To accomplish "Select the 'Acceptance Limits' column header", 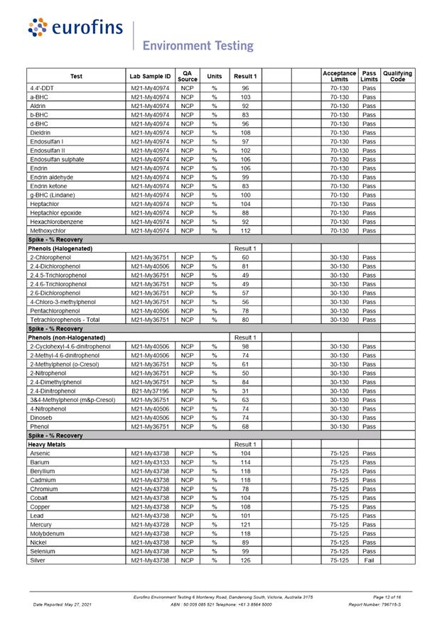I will (339, 76).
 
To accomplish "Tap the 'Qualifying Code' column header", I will (398, 76).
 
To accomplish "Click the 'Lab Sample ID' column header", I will (150, 76).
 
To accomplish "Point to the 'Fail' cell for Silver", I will (369, 560).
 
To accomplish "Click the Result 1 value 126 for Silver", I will (245, 560).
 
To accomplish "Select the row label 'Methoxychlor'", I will (48, 231).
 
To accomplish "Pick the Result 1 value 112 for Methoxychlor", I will (245, 231).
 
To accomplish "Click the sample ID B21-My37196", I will (150, 391).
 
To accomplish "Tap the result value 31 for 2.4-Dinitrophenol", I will (245, 391).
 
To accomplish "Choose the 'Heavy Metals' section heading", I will (47, 445).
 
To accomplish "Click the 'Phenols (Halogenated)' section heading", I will (60, 249).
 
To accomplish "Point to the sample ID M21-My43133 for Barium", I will (150, 462).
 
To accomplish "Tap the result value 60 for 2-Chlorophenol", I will (245, 258).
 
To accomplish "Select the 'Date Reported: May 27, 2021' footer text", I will (63, 605).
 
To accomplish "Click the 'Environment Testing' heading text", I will (198, 46).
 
